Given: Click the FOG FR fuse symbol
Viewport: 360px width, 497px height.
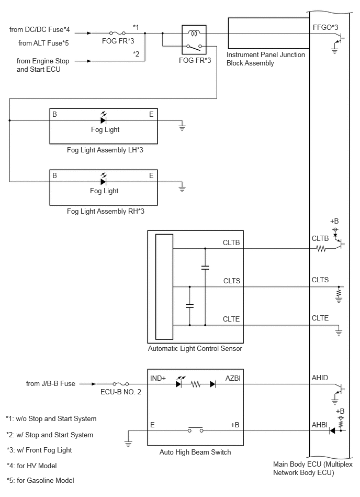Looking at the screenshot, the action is pos(117,32).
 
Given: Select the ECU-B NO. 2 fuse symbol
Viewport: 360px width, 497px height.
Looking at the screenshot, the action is pos(121,384).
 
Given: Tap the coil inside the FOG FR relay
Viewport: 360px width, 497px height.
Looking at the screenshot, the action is pos(193,32).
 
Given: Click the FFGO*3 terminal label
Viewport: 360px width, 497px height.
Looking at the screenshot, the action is pos(325,28).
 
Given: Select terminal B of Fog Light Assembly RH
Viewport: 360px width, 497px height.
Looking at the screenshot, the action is pos(54,175).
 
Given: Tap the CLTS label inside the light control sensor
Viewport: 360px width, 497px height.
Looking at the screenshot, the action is pos(231,281).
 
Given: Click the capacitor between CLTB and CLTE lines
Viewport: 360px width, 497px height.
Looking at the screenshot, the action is pos(205,268).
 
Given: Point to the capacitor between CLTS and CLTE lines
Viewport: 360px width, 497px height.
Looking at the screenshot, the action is pos(189,306).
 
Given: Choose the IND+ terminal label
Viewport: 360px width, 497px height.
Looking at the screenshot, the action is pos(158,378).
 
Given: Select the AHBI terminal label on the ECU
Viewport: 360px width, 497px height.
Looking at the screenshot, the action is pos(320,425).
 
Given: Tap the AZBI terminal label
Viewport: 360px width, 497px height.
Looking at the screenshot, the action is pos(233,378).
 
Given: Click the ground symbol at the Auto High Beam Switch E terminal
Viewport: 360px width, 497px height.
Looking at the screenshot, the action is pos(128,443).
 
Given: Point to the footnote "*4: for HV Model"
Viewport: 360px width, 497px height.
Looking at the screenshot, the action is pos(32,466).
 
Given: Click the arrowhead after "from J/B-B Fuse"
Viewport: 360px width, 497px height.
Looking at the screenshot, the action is pos(94,384).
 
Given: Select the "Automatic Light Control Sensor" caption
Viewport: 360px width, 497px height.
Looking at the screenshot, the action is pos(195,349).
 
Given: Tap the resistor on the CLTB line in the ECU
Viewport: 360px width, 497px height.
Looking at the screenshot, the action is pos(321,248).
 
